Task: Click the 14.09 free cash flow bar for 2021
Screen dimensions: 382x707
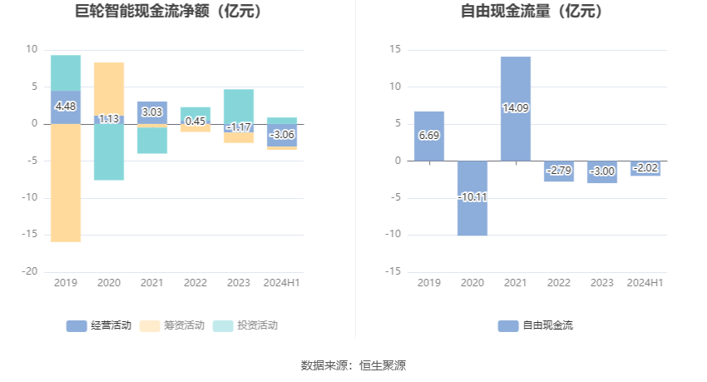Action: point(516,83)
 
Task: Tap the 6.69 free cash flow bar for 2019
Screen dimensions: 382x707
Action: point(429,146)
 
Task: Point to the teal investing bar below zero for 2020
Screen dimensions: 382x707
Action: point(109,154)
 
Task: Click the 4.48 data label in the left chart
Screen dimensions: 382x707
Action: point(66,107)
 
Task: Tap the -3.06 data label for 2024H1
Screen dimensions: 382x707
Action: point(282,135)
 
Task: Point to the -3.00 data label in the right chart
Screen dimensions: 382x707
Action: point(602,171)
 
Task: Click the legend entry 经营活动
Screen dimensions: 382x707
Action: point(99,325)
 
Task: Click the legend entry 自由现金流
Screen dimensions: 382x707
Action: point(536,325)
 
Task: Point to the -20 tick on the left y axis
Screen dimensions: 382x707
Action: point(31,271)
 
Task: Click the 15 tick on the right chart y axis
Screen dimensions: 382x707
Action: point(395,50)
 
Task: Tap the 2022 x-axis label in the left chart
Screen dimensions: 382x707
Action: point(195,283)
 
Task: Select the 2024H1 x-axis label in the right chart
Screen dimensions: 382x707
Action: point(645,283)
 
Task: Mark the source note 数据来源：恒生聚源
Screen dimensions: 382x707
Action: point(353,365)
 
